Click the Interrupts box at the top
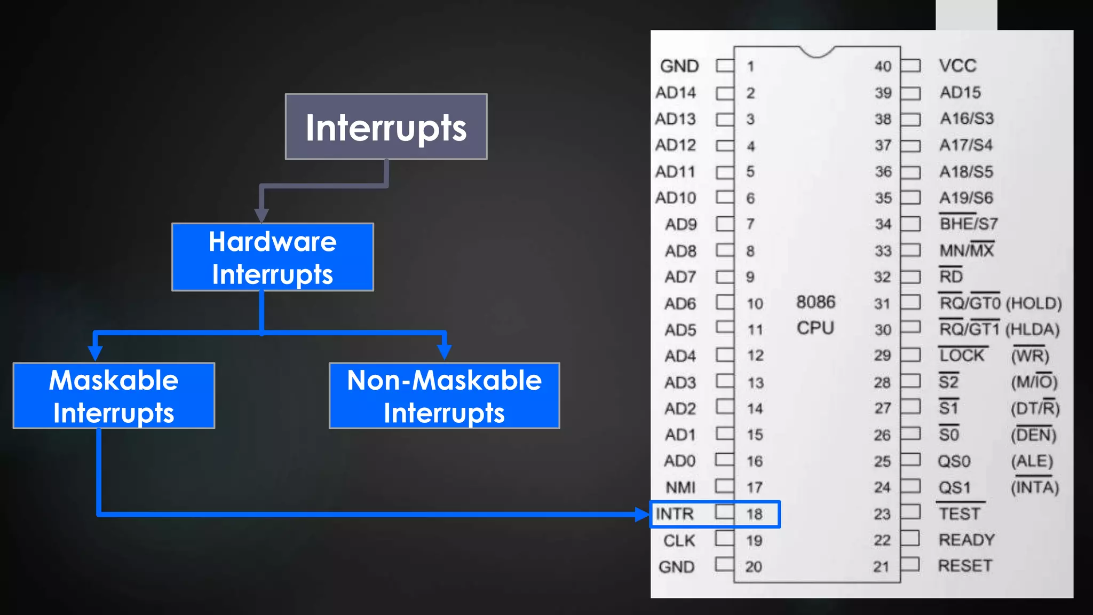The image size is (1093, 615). tap(386, 127)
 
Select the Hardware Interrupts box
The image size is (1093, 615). tap(272, 257)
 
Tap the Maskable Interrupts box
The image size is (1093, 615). tap(114, 396)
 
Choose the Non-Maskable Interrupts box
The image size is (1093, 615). tap(444, 396)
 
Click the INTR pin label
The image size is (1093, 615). tap(675, 514)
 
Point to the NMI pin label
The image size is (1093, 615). tap(680, 487)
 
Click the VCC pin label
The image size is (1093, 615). tap(957, 66)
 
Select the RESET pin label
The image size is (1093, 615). tap(965, 566)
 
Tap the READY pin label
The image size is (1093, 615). tap(967, 540)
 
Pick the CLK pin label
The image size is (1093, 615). tap(679, 540)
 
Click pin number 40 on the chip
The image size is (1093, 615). tap(883, 66)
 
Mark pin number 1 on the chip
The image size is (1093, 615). tap(750, 66)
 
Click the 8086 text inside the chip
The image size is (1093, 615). tap(815, 302)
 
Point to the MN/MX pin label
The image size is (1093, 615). tap(967, 250)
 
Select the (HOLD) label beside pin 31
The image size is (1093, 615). tap(1034, 303)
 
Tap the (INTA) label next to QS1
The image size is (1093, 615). tap(1035, 487)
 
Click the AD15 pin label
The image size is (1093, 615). tap(960, 92)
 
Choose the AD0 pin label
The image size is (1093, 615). tap(679, 461)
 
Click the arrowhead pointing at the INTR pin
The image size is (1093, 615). tap(642, 515)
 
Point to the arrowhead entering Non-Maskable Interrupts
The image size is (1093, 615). tap(444, 352)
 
